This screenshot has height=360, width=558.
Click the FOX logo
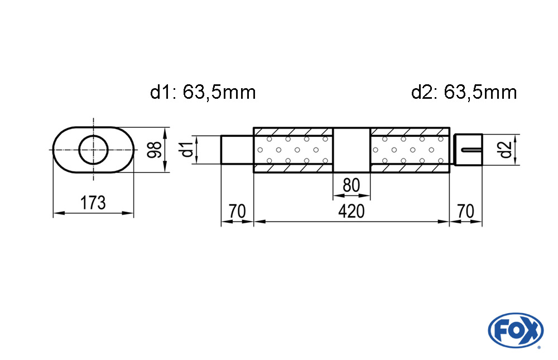(x=516, y=330)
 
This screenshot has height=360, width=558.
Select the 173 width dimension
(x=93, y=203)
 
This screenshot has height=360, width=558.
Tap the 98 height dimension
(x=155, y=150)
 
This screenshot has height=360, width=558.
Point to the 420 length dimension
(x=351, y=211)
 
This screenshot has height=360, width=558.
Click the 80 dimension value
(x=351, y=185)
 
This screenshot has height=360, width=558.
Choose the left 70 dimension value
(x=237, y=211)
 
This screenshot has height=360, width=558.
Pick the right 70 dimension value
(x=465, y=211)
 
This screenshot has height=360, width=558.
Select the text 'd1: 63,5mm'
(x=203, y=93)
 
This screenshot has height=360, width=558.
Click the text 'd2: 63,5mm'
(x=464, y=93)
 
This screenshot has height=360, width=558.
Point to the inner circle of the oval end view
(x=93, y=150)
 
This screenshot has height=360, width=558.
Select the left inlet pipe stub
(x=237, y=150)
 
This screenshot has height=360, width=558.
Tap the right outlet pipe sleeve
(x=469, y=150)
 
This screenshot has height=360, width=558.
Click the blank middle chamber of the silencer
(x=352, y=150)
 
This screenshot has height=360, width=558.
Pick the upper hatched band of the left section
(x=294, y=132)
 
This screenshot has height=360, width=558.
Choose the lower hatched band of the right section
(x=410, y=168)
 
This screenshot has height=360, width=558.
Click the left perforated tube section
(x=294, y=150)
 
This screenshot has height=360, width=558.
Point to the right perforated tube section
(x=410, y=150)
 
